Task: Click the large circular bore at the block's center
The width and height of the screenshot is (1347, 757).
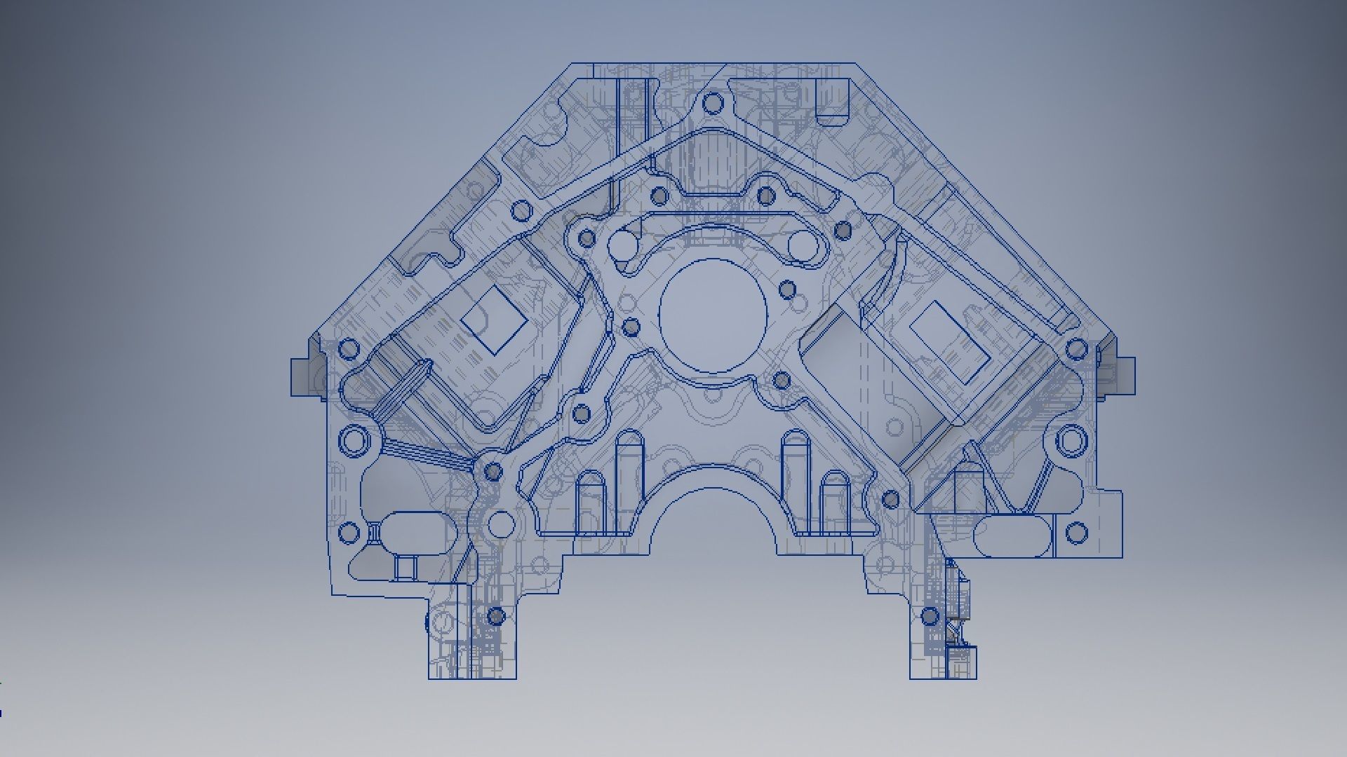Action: (713, 316)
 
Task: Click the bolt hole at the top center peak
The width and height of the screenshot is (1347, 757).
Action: (713, 104)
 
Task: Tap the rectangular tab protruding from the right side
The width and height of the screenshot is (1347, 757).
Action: (1125, 376)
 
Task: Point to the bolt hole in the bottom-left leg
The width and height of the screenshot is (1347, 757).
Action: (495, 617)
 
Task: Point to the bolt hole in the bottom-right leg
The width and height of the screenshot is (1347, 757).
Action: (930, 617)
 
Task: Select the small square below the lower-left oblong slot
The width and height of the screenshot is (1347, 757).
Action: (404, 567)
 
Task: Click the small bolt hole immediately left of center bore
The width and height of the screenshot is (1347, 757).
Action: (631, 327)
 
